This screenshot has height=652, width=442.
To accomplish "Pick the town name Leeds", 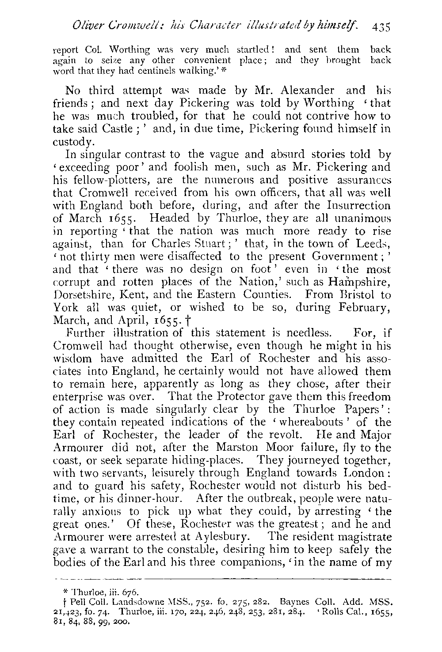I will point(375,244).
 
